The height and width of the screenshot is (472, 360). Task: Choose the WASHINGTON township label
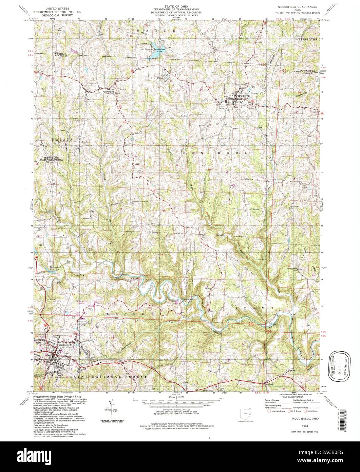[307, 39]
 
